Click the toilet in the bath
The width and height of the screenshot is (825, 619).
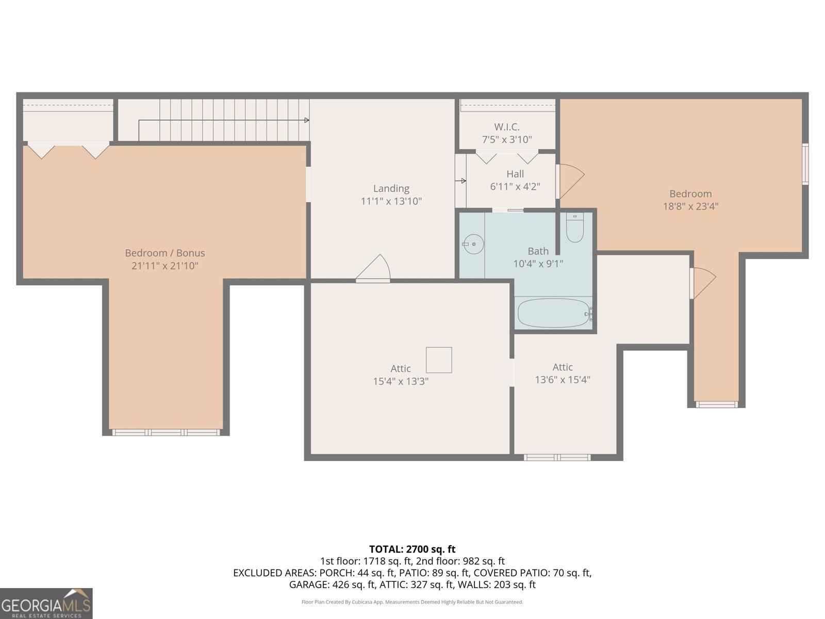tap(575, 227)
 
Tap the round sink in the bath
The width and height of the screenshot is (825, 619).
tap(473, 245)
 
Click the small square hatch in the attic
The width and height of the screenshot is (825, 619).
tap(439, 360)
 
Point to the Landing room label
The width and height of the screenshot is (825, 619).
tap(391, 188)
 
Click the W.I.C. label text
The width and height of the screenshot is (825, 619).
tap(507, 127)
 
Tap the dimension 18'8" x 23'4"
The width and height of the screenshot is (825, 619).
tap(690, 206)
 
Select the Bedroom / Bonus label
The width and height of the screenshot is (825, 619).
tap(164, 253)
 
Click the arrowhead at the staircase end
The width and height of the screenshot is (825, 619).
tap(307, 120)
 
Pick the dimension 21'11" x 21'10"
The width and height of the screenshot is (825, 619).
tap(164, 266)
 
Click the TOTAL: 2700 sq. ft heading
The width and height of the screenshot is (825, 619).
tap(412, 549)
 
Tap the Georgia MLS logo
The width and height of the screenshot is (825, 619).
tap(46, 604)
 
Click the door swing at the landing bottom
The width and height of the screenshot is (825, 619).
tap(373, 268)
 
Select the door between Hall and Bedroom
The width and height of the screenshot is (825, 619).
tap(570, 181)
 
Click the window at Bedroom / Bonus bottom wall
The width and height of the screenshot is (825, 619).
tap(166, 433)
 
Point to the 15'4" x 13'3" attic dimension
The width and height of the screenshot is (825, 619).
tap(400, 382)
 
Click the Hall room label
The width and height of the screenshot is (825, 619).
tap(515, 174)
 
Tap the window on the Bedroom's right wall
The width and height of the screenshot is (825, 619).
tap(805, 164)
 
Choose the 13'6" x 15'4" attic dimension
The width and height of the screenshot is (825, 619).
tap(562, 380)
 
